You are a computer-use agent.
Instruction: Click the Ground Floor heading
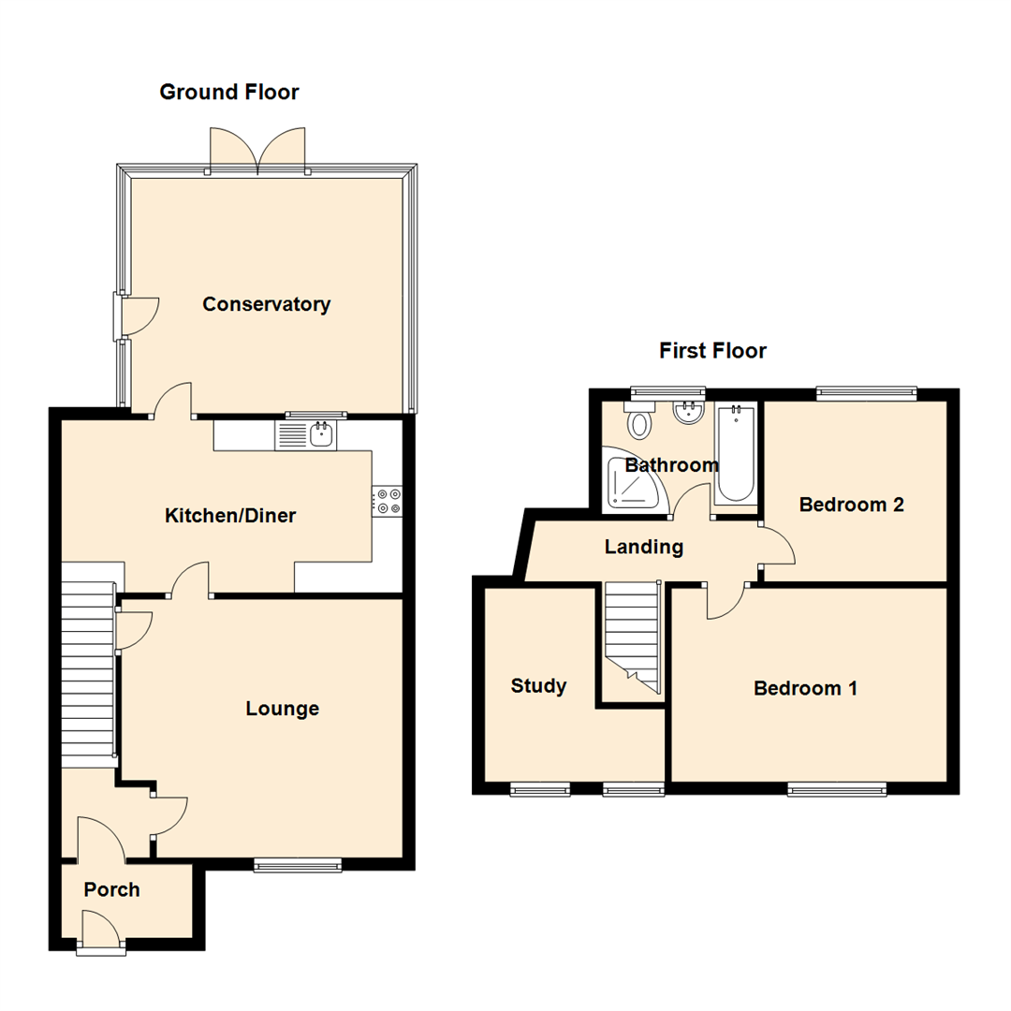click(228, 92)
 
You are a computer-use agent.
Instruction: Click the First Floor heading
click(712, 351)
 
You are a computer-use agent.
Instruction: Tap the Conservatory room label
click(266, 304)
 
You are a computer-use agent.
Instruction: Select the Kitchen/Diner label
click(230, 516)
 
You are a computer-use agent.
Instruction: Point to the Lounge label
click(282, 709)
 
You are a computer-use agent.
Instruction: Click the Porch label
click(111, 889)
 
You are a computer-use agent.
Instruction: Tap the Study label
click(538, 686)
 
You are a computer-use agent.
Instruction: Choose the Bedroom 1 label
click(805, 689)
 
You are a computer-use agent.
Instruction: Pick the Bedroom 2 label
click(850, 505)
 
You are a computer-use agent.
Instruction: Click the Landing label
click(643, 547)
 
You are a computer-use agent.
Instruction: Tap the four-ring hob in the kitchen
click(388, 500)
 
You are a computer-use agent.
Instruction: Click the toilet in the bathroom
click(640, 421)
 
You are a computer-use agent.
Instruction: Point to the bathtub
click(735, 455)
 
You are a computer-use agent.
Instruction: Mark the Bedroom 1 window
click(837, 790)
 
